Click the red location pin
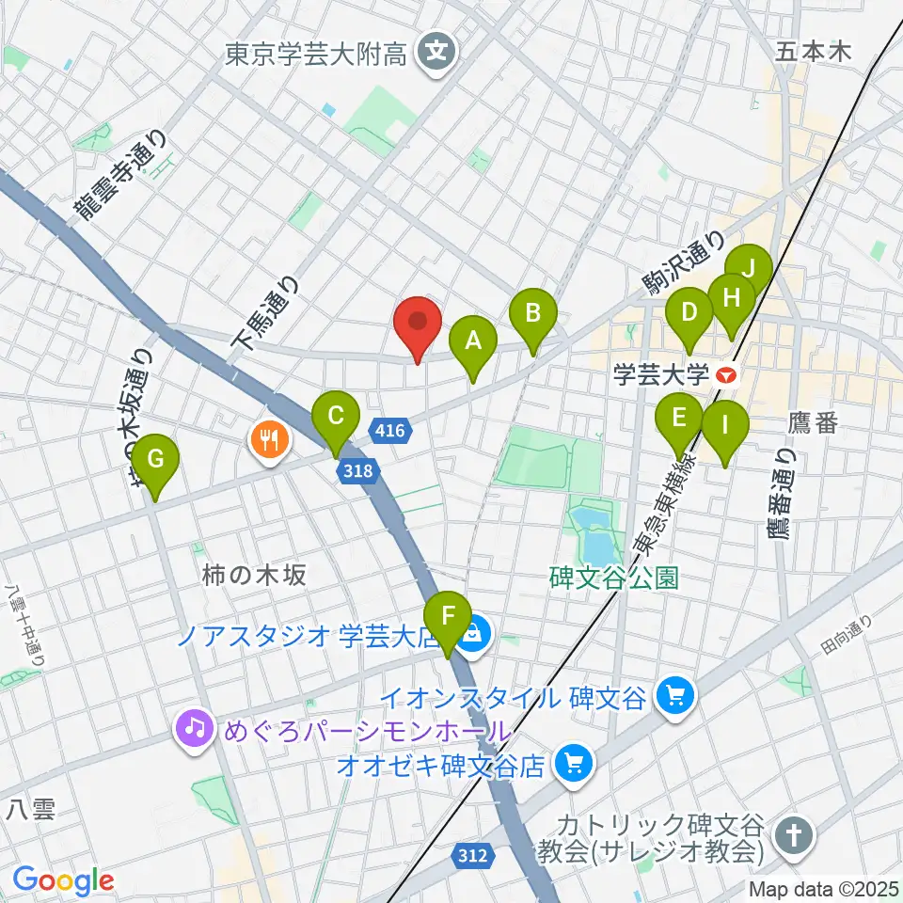point(418,325)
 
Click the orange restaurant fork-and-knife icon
point(269,437)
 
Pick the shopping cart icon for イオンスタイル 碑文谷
point(675,696)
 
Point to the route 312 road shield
point(474,855)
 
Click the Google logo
point(63,880)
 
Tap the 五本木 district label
point(813,52)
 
